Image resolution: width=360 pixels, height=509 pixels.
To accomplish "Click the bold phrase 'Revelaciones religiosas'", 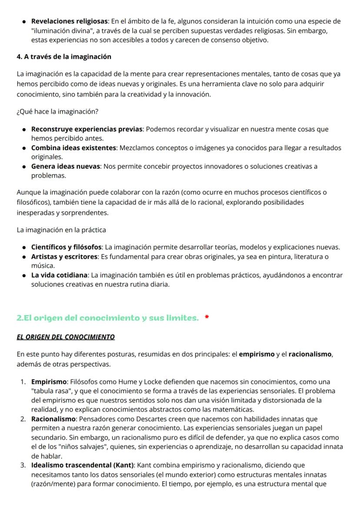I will coord(70,21).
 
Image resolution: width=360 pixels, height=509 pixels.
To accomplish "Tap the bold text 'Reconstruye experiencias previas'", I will coord(87,129).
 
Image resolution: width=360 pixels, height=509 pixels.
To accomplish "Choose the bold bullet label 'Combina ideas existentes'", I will coord(73,148).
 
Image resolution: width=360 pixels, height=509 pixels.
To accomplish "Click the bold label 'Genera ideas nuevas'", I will coord(66,166).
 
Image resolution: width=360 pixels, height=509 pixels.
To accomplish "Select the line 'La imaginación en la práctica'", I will coord(61,229).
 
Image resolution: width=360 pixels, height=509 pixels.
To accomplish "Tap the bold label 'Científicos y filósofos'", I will coord(67,247).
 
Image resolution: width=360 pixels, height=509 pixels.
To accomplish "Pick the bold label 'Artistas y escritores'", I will coord(64,257).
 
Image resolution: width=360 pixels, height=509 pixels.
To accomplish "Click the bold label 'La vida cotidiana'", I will coord(60,275).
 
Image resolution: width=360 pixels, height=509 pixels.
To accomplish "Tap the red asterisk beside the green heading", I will coord(207,318).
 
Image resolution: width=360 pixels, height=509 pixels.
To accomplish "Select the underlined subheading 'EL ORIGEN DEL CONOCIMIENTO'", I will coord(66,337).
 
